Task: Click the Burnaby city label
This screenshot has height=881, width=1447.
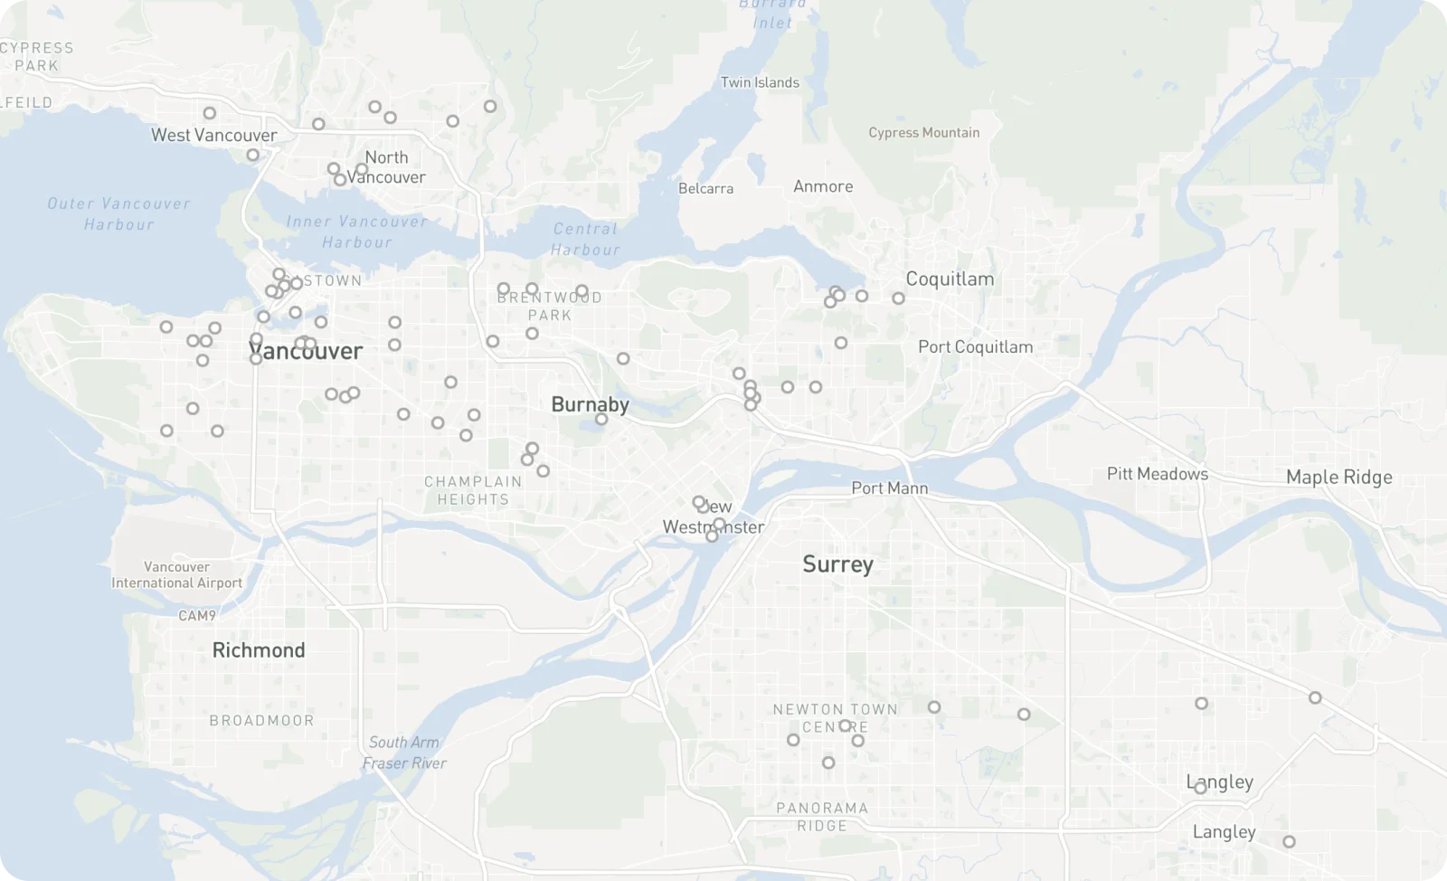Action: pyautogui.click(x=590, y=404)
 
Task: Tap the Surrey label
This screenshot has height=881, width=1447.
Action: pyautogui.click(x=837, y=564)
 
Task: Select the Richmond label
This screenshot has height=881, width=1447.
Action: pyautogui.click(x=259, y=650)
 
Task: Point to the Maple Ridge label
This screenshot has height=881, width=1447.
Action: pyautogui.click(x=1338, y=478)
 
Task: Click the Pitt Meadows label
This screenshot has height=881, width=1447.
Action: pyautogui.click(x=1157, y=474)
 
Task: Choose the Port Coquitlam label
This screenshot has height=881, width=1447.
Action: pyautogui.click(x=975, y=347)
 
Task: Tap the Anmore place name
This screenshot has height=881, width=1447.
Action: pyautogui.click(x=823, y=186)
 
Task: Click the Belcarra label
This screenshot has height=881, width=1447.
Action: pyautogui.click(x=705, y=189)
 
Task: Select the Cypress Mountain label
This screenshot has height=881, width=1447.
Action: pyautogui.click(x=923, y=133)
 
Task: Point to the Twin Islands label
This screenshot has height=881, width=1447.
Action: pyautogui.click(x=760, y=82)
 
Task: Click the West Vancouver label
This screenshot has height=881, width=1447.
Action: pyautogui.click(x=213, y=136)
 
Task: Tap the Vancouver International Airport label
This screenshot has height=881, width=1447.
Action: pyautogui.click(x=176, y=575)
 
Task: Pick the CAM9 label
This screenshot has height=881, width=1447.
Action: pyautogui.click(x=197, y=616)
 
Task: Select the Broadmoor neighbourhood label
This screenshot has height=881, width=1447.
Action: pyautogui.click(x=261, y=721)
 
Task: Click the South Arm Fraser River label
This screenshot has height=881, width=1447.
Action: pyautogui.click(x=404, y=753)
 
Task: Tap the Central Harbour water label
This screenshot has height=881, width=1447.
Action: pyautogui.click(x=585, y=240)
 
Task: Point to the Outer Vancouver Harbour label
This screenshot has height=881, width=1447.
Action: pyautogui.click(x=118, y=214)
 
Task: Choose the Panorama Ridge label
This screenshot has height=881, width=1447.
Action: pyautogui.click(x=822, y=817)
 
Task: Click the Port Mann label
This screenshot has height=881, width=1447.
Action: pyautogui.click(x=889, y=488)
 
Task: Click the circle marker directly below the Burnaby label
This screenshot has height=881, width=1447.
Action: pyautogui.click(x=601, y=420)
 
